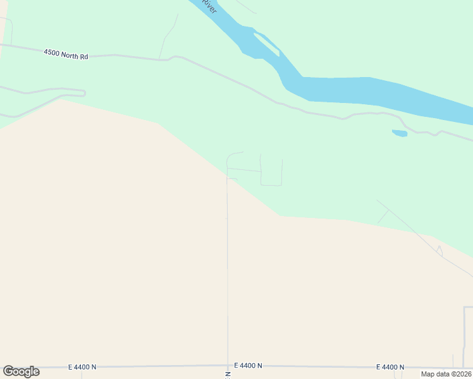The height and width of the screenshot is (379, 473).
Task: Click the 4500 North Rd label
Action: tap(66, 55)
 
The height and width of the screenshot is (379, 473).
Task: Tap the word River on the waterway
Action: tap(210, 6)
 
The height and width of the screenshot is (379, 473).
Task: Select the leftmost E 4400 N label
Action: tap(82, 366)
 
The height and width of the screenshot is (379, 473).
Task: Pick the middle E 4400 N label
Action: tap(248, 366)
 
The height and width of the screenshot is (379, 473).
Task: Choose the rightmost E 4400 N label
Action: tap(390, 367)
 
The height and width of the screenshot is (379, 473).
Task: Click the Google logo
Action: tap(21, 371)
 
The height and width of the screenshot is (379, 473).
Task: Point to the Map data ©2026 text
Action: tap(446, 374)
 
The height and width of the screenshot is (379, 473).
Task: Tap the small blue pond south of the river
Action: tap(399, 133)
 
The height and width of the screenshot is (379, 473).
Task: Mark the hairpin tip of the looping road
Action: tap(83, 93)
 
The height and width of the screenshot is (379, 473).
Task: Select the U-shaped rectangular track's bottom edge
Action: tap(271, 185)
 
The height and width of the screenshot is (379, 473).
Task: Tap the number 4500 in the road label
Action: tap(52, 54)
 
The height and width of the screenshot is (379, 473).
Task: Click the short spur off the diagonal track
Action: tap(383, 217)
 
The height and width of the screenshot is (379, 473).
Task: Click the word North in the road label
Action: tap(71, 56)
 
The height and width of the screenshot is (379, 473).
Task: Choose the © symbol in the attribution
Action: tap(453, 374)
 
